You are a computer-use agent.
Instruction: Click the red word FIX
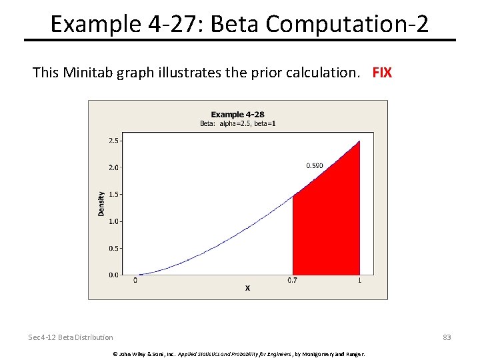click(x=382, y=72)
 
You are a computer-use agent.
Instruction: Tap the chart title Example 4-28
click(x=237, y=115)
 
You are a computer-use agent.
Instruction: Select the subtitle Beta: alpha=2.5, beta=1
click(x=237, y=123)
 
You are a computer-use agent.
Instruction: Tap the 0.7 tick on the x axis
click(x=293, y=281)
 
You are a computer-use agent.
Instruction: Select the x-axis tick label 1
click(x=360, y=281)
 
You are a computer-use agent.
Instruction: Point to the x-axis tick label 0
click(x=135, y=281)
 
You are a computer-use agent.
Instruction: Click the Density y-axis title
click(x=101, y=203)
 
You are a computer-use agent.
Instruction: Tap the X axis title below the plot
click(x=247, y=288)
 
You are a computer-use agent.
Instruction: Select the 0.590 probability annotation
click(x=315, y=165)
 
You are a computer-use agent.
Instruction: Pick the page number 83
click(x=447, y=337)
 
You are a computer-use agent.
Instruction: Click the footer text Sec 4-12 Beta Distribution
click(x=71, y=337)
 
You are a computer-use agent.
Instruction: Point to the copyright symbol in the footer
click(x=114, y=353)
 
